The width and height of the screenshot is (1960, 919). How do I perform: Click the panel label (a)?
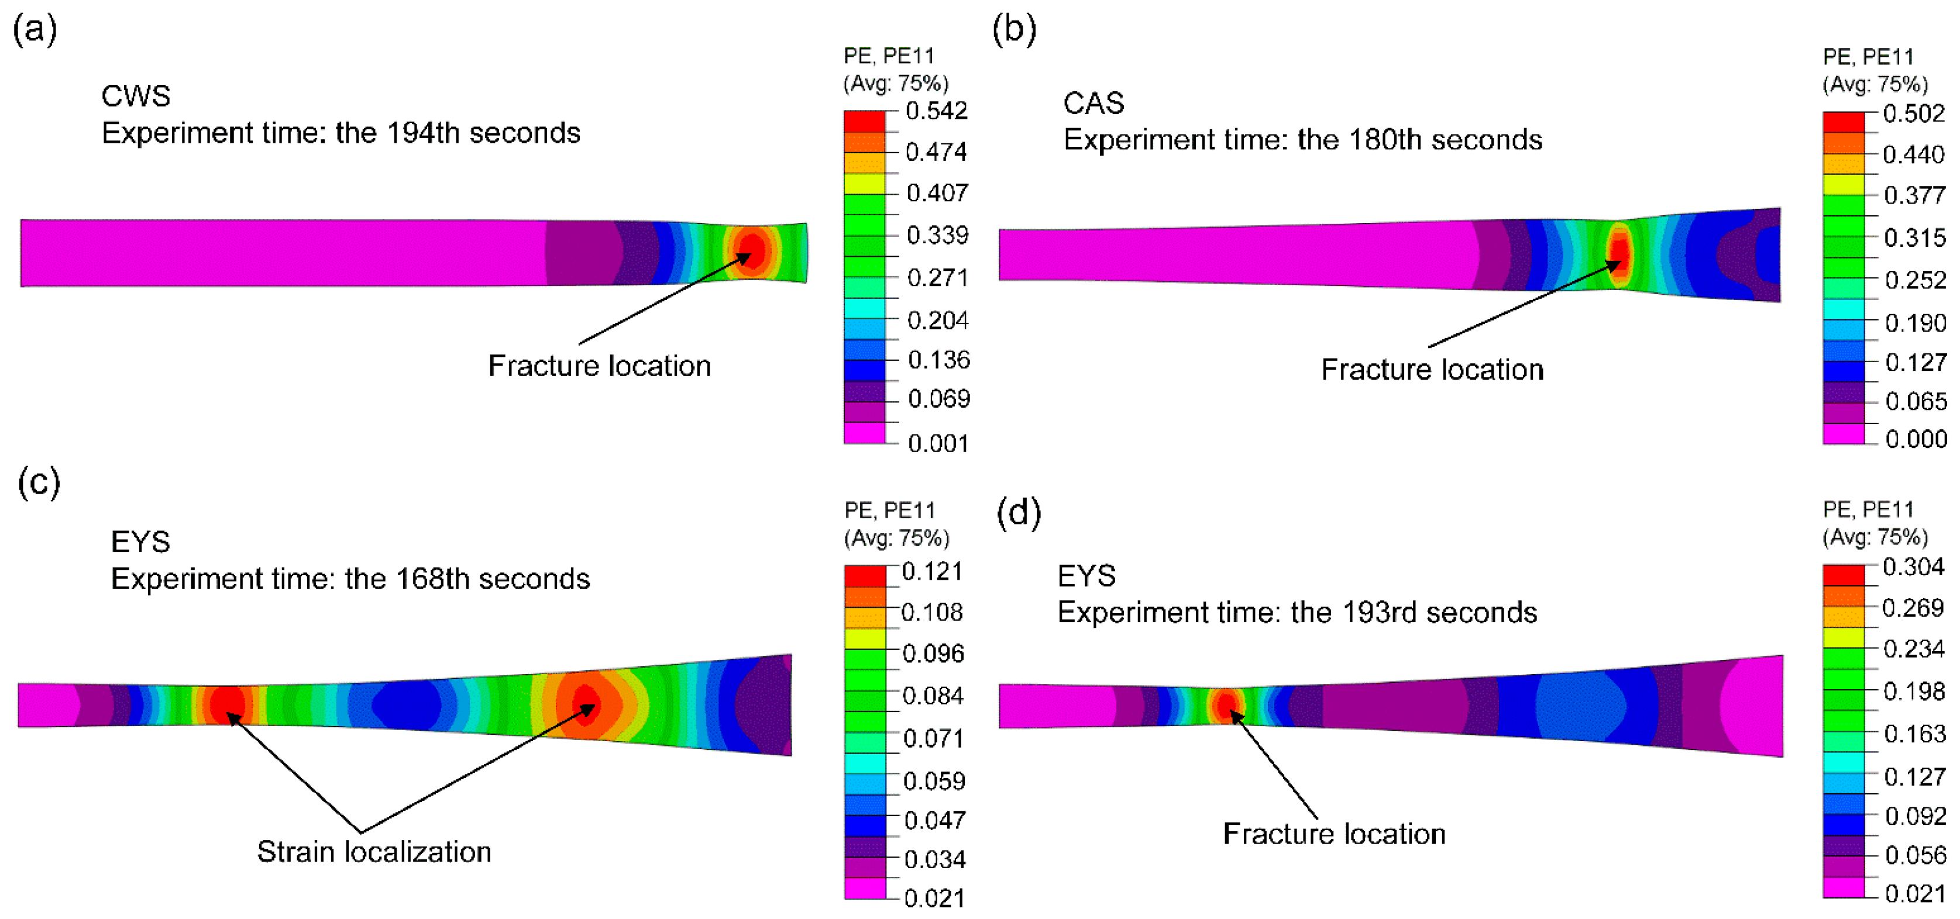[35, 30]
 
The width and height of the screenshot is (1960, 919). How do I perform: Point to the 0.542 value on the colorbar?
[936, 112]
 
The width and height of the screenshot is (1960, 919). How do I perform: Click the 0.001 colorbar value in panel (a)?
[937, 443]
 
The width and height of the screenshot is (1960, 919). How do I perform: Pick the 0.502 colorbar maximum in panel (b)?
[1914, 114]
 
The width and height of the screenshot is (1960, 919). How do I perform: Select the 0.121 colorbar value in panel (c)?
[932, 572]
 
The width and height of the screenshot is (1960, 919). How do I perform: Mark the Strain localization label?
[374, 852]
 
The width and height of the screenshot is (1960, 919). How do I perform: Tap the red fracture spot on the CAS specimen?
[1619, 252]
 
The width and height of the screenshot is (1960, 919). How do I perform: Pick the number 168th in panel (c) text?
[432, 580]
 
